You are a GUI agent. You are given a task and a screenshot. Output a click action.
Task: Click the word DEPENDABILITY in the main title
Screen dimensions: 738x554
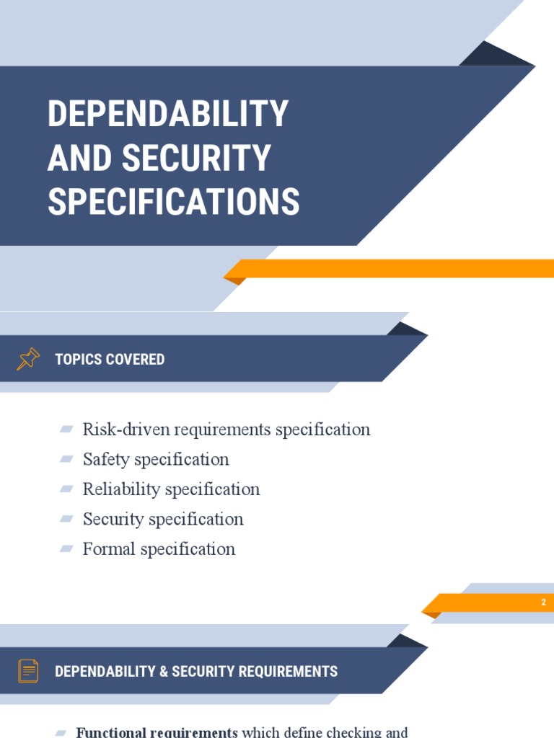tap(168, 114)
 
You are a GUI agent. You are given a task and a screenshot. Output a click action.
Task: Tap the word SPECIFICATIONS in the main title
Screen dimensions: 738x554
tap(173, 202)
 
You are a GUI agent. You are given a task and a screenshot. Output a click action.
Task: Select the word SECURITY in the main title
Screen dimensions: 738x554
tap(206, 158)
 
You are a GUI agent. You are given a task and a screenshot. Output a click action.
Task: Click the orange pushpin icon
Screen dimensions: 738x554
tap(28, 359)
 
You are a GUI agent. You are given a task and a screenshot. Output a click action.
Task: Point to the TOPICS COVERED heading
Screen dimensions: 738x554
tap(110, 359)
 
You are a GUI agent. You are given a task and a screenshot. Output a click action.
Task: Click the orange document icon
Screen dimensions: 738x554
tap(28, 671)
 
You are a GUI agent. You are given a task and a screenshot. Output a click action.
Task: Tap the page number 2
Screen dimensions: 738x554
tap(543, 603)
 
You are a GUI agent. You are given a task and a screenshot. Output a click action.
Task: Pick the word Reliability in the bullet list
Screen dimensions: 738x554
tap(121, 489)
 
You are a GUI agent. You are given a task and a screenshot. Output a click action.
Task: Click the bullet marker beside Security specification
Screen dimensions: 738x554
tap(66, 519)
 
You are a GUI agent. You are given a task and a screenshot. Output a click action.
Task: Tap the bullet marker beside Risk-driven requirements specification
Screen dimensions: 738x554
tap(66, 430)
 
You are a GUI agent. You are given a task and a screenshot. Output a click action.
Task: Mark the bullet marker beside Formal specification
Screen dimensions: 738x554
tap(66, 549)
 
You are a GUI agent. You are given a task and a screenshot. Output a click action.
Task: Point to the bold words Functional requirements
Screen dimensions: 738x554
tap(157, 732)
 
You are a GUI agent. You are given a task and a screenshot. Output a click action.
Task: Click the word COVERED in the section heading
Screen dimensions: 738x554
tap(136, 359)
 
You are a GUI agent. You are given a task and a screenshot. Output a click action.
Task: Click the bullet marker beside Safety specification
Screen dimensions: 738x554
tap(66, 459)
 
